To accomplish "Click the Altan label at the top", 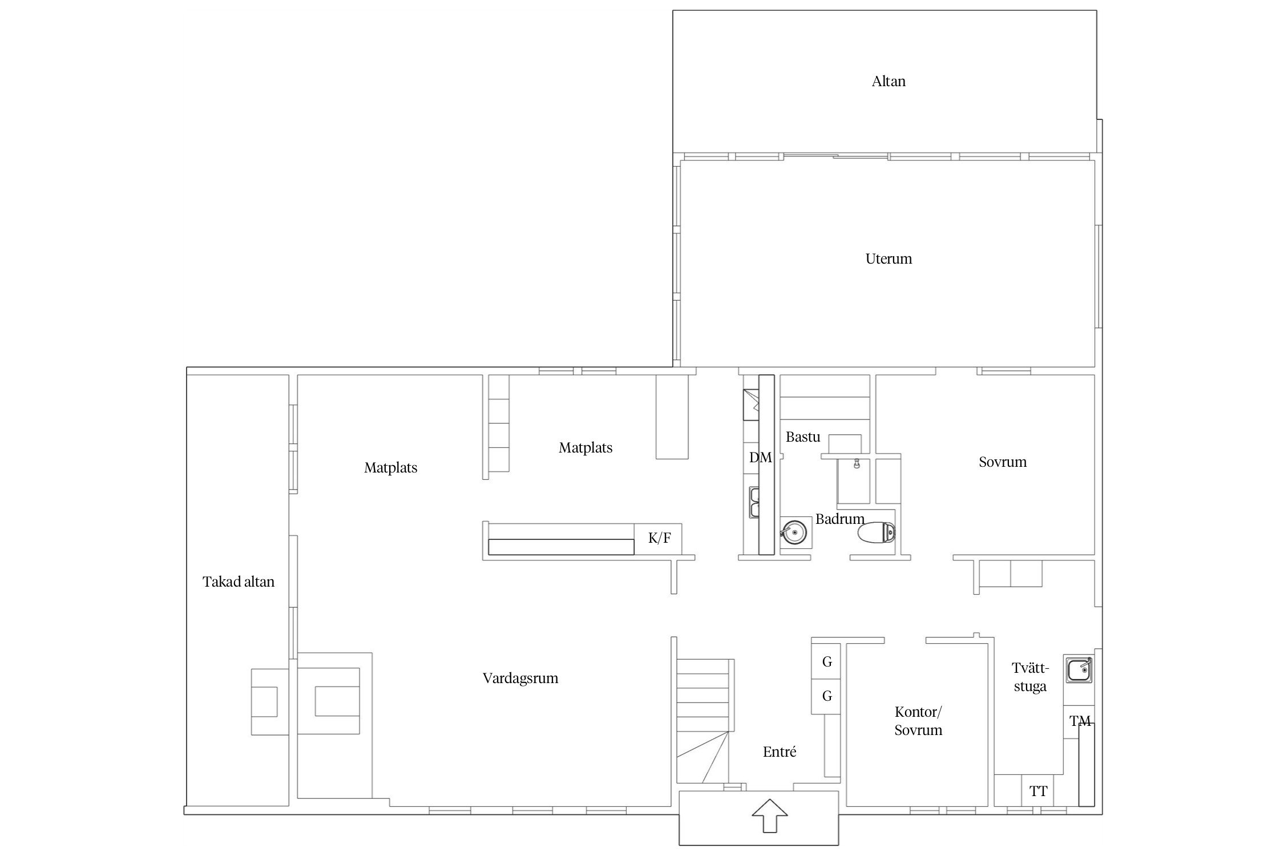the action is pos(889,82).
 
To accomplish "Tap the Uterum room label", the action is pos(889,259).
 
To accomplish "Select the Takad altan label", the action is pos(239,582).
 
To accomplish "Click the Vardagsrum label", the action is pos(520,679).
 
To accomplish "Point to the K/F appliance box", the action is pos(659,539).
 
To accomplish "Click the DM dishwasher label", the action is pos(760,457).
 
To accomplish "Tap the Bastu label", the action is pos(803,437).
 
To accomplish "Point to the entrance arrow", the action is pos(770,816).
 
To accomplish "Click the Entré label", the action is pos(780,752).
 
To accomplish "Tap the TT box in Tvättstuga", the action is pos(1038,791).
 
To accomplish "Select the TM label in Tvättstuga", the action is pos(1080,722).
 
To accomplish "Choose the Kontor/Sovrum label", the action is pos(918,721).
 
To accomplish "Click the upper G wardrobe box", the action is pos(826,661).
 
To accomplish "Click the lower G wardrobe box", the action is pos(826,696).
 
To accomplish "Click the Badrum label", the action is pos(840,519).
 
